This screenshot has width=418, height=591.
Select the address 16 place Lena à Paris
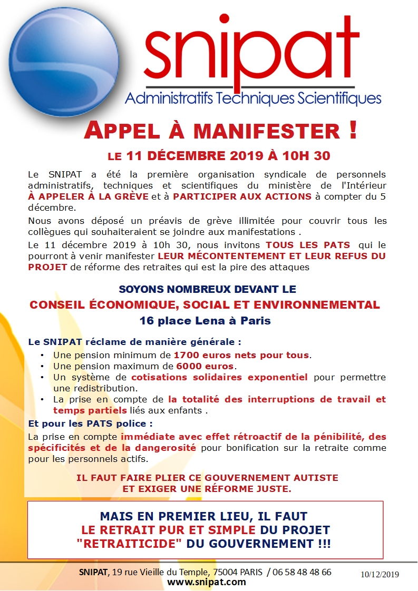pyautogui.click(x=205, y=321)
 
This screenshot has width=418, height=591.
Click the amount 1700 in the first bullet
pyautogui.click(x=188, y=355)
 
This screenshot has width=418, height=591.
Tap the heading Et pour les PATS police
pyautogui.click(x=75, y=423)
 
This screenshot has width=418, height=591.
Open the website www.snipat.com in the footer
pyautogui.click(x=207, y=582)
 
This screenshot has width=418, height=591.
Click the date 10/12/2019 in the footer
pyautogui.click(x=380, y=574)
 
